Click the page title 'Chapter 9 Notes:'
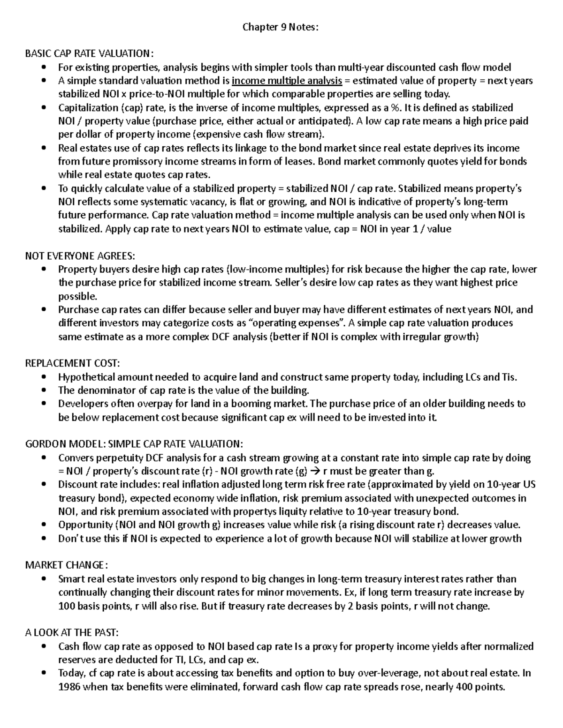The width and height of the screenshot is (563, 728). (x=280, y=27)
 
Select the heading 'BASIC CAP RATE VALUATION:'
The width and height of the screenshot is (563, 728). (x=89, y=53)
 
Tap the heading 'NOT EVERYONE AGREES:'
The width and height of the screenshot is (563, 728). (x=79, y=255)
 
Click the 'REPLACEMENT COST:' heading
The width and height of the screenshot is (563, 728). (x=72, y=363)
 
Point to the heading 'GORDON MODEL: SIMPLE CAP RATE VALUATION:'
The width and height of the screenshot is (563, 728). (x=134, y=444)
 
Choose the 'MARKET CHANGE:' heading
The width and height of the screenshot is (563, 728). (x=66, y=565)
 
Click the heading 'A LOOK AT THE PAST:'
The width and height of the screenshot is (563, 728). (x=72, y=633)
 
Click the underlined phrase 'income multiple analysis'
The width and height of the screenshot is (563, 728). (x=287, y=81)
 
